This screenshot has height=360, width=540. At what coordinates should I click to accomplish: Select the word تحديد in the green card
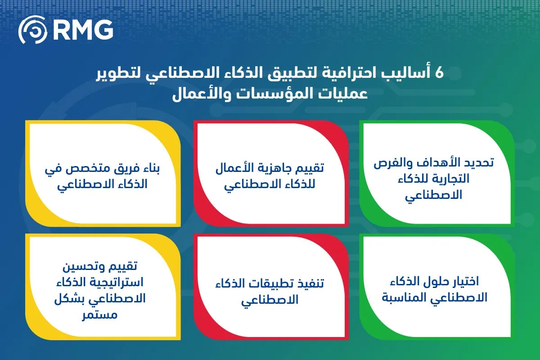click(x=478, y=163)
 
